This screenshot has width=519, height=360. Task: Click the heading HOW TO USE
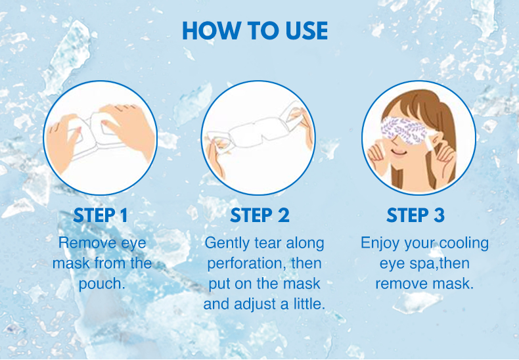tap(255, 31)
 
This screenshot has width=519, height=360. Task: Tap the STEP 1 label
tap(101, 215)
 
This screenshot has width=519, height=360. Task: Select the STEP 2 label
tap(260, 215)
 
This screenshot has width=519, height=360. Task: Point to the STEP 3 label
tap(415, 215)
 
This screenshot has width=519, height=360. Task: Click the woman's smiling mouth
tap(399, 152)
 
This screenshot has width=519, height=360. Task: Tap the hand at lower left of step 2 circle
tap(215, 159)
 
